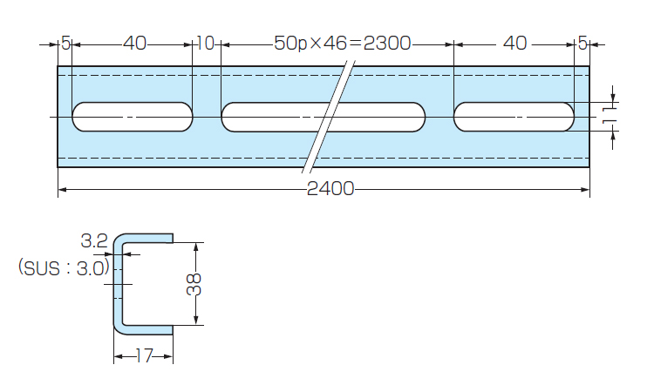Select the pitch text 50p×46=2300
click(342, 43)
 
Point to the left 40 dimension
click(135, 43)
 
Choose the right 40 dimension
click(515, 43)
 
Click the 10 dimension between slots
click(206, 43)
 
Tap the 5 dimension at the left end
click(66, 43)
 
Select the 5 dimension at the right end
click(582, 43)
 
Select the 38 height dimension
click(194, 284)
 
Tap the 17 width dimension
click(144, 355)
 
